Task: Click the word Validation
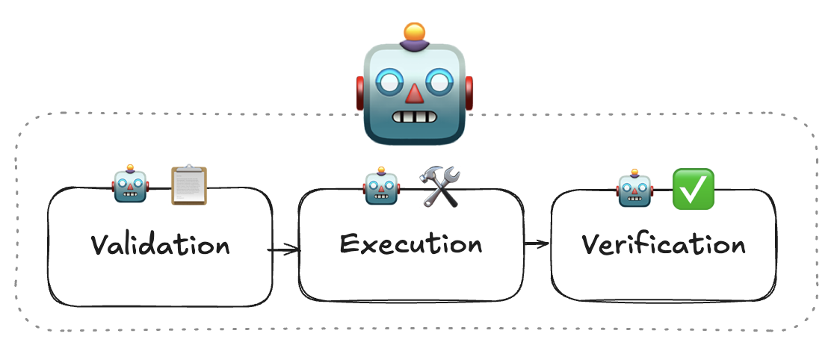point(160,245)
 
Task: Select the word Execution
point(410,243)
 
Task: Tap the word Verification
point(663,245)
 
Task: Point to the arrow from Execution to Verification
point(537,243)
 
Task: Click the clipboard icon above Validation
point(188,184)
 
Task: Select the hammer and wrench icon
point(440,187)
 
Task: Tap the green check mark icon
point(694,188)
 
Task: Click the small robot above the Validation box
point(131,184)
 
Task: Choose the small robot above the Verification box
point(634,187)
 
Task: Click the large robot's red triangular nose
point(414,93)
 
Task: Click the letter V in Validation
point(101,245)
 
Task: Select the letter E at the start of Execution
point(349,243)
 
